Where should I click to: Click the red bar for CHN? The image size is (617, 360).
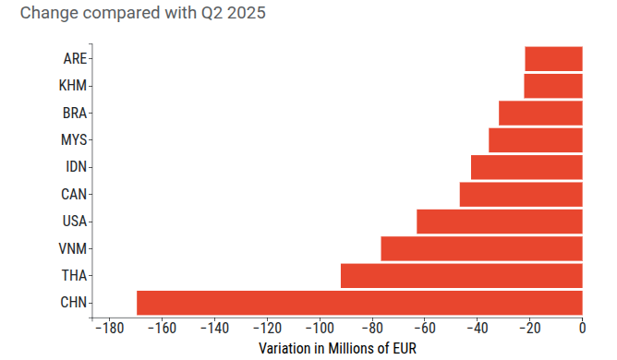pyautogui.click(x=359, y=303)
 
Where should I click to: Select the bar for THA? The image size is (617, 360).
pyautogui.click(x=462, y=275)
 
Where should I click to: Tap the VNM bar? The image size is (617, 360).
pyautogui.click(x=481, y=248)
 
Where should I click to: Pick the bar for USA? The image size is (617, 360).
pyautogui.click(x=500, y=222)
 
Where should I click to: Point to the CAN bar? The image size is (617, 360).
pyautogui.click(x=521, y=194)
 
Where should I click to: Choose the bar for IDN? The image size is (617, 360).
pyautogui.click(x=526, y=167)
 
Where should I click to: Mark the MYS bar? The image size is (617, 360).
pyautogui.click(x=536, y=139)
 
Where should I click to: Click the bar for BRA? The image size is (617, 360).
pyautogui.click(x=540, y=113)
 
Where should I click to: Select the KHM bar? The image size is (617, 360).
pyautogui.click(x=553, y=86)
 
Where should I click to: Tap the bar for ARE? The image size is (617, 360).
pyautogui.click(x=553, y=59)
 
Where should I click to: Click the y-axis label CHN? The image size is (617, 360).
pyautogui.click(x=74, y=303)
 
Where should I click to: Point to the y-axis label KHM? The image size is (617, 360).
pyautogui.click(x=73, y=86)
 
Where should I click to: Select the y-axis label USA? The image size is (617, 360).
pyautogui.click(x=75, y=222)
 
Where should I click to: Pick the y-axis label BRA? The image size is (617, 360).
pyautogui.click(x=75, y=113)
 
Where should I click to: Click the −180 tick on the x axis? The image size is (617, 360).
pyautogui.click(x=110, y=328)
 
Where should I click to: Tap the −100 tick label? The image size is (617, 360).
pyautogui.click(x=320, y=328)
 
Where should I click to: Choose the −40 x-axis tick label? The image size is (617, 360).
pyautogui.click(x=478, y=328)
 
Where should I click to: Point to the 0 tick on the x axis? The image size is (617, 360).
pyautogui.click(x=583, y=328)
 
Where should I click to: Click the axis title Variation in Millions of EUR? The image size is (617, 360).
pyautogui.click(x=338, y=349)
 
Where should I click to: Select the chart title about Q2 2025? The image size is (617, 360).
pyautogui.click(x=143, y=13)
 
